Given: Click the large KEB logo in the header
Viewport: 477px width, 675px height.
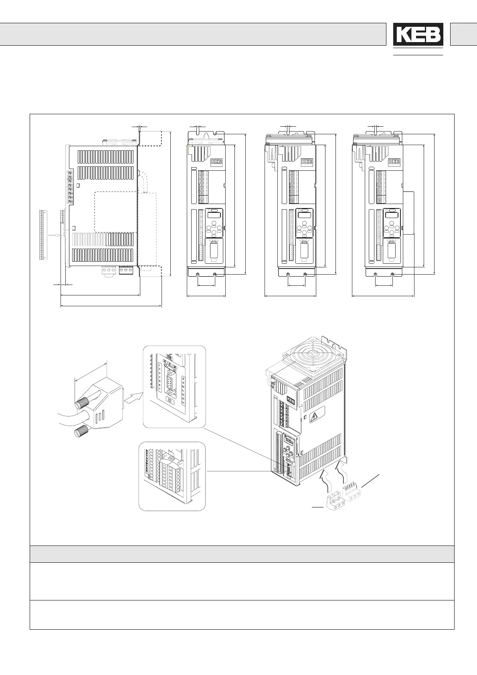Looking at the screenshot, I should [x=418, y=34].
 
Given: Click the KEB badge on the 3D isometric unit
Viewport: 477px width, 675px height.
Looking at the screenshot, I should [x=290, y=401].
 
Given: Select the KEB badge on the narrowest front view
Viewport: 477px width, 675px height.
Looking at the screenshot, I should [x=216, y=162].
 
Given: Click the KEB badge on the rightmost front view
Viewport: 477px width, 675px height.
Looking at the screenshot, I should [x=394, y=162].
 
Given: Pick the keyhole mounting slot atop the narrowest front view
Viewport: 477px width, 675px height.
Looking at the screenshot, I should [x=206, y=135].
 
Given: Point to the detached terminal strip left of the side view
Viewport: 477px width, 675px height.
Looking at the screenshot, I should [x=42, y=234].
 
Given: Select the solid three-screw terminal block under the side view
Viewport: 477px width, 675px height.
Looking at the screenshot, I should [x=125, y=271].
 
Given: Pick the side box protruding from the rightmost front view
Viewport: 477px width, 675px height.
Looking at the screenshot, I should [x=408, y=213].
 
